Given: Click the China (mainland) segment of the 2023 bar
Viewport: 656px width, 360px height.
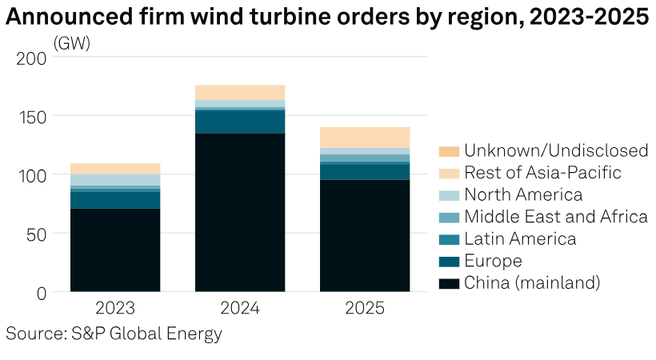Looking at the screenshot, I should click(x=115, y=250).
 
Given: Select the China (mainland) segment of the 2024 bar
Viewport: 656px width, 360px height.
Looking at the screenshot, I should click(x=240, y=212).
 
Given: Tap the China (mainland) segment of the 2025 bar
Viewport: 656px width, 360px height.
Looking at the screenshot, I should click(x=365, y=235).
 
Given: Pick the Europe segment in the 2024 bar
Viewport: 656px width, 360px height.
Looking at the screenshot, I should click(x=240, y=122).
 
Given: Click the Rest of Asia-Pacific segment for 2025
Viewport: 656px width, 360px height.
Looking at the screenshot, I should click(x=365, y=138).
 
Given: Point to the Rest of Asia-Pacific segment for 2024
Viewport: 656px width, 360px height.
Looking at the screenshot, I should click(x=240, y=92).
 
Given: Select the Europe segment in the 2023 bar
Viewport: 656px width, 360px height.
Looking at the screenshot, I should click(x=115, y=200).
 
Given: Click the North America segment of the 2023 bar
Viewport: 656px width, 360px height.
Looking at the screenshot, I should click(x=115, y=180).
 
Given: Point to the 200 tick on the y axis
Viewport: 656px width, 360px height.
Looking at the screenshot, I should click(x=31, y=58).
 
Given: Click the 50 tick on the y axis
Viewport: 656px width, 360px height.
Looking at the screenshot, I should click(x=37, y=234).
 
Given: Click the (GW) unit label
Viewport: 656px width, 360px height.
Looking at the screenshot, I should click(x=72, y=44).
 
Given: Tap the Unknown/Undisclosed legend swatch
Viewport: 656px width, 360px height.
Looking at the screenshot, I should click(x=449, y=151).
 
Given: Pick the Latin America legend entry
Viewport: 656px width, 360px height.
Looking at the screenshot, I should click(x=519, y=239).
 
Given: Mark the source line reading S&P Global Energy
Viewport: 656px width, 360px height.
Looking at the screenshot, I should click(x=114, y=334).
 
